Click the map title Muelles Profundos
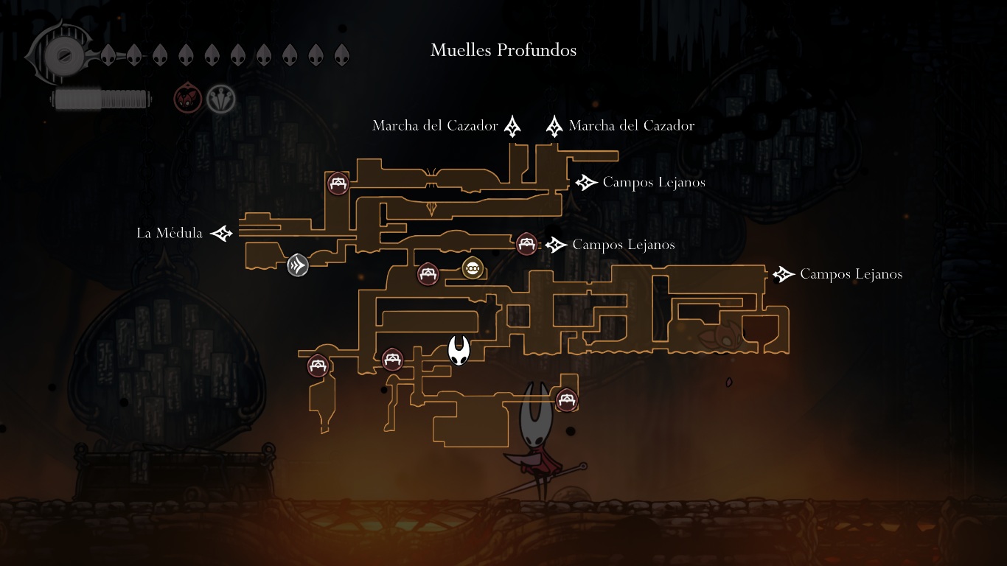(x=503, y=50)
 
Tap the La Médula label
(x=170, y=234)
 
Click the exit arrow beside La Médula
(x=222, y=234)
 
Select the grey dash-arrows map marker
(x=298, y=265)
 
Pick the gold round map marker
(x=472, y=268)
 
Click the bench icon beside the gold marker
(x=428, y=274)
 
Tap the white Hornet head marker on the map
(x=459, y=349)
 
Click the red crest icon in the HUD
(x=187, y=98)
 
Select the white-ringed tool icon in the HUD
(x=220, y=98)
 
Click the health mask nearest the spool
(x=108, y=55)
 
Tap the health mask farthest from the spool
(x=341, y=55)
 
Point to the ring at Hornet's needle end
(x=583, y=466)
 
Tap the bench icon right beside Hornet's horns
(x=566, y=400)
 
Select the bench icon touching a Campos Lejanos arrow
(x=526, y=243)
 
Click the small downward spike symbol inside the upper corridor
(x=432, y=209)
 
